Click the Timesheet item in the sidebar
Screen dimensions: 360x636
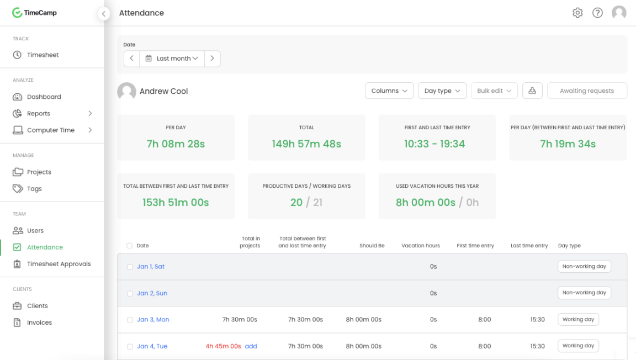click(x=43, y=55)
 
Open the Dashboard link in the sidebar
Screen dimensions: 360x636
click(x=44, y=97)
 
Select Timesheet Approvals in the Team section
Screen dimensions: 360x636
click(x=59, y=264)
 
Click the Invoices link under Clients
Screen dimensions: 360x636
click(x=39, y=322)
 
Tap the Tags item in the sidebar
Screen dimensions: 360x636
click(x=34, y=189)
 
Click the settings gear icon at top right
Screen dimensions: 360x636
click(x=577, y=13)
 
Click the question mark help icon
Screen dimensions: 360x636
click(x=597, y=13)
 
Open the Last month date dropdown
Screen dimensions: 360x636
click(x=172, y=59)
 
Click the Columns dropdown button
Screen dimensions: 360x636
click(x=389, y=91)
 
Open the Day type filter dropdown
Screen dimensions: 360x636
click(x=442, y=91)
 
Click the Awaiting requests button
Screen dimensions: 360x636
click(x=586, y=91)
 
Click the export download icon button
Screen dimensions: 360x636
click(x=532, y=91)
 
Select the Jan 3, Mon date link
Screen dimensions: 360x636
click(x=153, y=320)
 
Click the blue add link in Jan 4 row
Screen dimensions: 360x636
click(x=251, y=346)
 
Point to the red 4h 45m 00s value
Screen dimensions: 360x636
click(x=223, y=346)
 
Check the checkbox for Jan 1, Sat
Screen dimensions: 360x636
click(x=130, y=267)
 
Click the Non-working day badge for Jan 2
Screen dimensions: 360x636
click(x=584, y=293)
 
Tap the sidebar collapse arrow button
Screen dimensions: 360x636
click(x=103, y=14)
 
